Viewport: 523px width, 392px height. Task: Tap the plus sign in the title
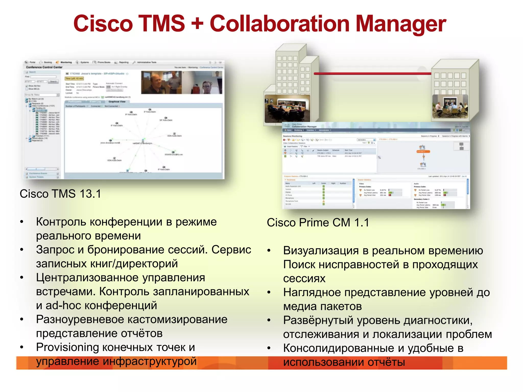coord(197,23)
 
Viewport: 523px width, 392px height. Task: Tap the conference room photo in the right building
coord(450,106)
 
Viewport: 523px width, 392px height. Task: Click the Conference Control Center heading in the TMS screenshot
coord(44,67)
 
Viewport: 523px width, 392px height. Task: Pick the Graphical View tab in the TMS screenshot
coord(117,102)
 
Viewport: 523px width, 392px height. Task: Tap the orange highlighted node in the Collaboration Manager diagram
coord(423,152)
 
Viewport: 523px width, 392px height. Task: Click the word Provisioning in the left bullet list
coord(67,347)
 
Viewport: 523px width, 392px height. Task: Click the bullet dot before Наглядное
coord(269,292)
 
